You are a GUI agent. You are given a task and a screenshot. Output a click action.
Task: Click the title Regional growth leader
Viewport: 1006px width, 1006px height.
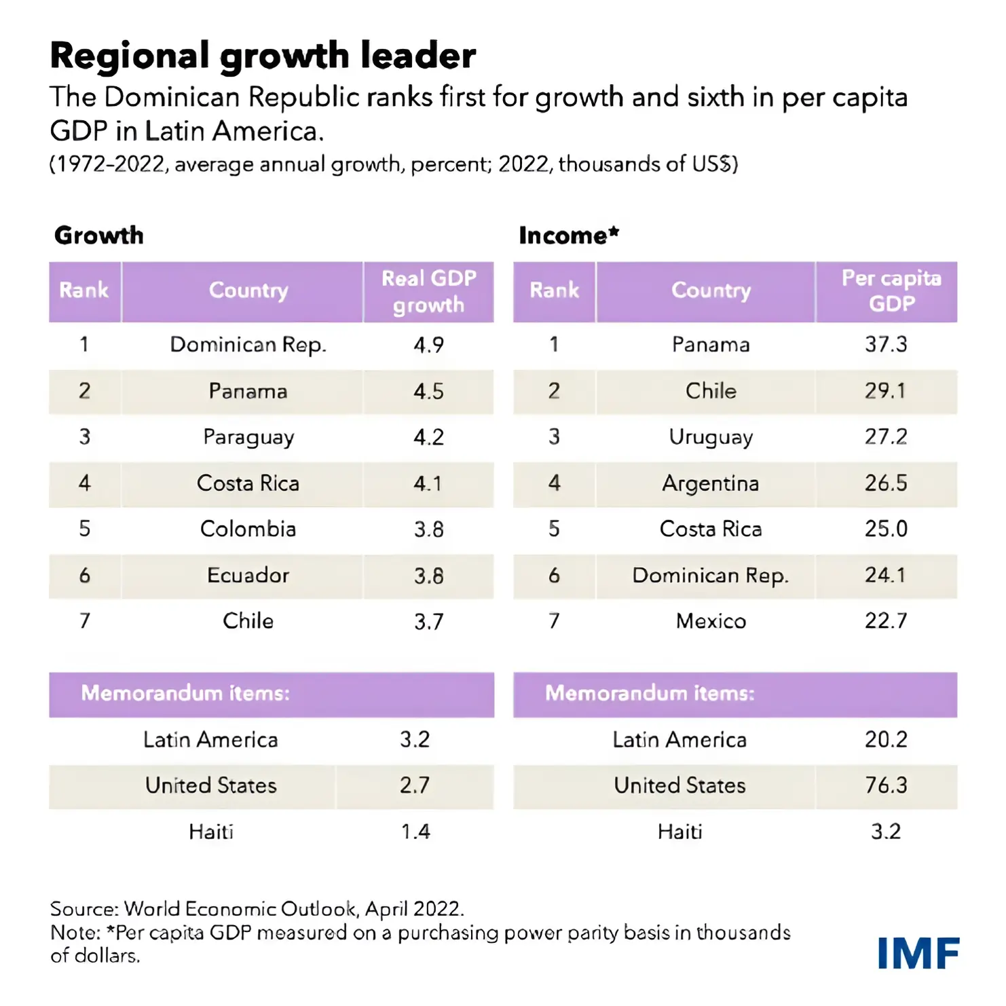[263, 56]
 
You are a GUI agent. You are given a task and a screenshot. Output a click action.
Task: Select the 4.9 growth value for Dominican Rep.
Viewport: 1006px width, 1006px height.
[428, 345]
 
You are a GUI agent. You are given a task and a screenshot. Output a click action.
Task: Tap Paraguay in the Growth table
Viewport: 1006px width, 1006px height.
[248, 437]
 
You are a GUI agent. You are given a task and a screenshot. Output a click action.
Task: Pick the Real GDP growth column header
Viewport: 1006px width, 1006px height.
[428, 291]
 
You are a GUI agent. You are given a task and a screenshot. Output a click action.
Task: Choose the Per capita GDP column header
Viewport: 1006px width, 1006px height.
[891, 291]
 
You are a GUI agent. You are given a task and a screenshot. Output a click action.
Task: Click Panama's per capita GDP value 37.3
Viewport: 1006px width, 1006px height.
[885, 344]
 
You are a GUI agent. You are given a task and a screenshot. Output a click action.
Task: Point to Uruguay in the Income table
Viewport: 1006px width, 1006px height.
[711, 437]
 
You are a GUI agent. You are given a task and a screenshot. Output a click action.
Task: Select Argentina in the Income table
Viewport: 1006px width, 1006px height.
[710, 483]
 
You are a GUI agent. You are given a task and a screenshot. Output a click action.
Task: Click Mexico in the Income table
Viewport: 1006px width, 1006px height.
[711, 621]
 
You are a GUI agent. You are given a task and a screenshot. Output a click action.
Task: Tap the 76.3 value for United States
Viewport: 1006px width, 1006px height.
[885, 785]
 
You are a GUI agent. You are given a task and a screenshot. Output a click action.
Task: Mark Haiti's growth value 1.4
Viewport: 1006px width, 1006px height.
[415, 832]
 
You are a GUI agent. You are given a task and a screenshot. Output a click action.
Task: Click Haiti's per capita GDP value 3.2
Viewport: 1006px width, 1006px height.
[885, 832]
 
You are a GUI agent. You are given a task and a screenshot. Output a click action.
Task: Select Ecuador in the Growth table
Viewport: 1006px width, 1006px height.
[248, 576]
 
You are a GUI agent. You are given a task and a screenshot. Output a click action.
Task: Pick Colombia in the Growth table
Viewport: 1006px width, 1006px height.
[248, 529]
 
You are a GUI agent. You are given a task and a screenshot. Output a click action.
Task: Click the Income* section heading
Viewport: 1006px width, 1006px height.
[569, 236]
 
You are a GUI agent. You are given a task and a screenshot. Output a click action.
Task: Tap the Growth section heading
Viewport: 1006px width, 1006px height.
[99, 236]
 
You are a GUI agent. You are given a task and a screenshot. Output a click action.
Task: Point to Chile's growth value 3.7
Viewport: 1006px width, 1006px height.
[428, 621]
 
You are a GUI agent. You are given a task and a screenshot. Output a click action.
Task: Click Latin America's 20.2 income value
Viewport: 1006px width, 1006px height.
[885, 739]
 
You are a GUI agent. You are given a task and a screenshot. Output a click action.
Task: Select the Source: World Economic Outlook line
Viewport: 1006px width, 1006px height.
[257, 909]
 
